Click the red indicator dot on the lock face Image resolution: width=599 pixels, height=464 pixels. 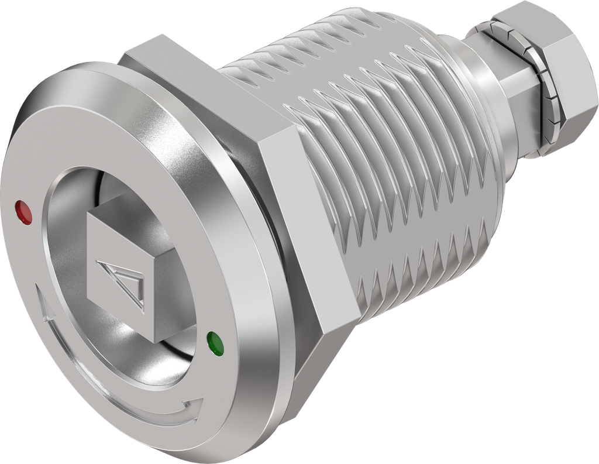click(24, 212)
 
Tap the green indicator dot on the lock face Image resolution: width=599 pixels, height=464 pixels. click(215, 344)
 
